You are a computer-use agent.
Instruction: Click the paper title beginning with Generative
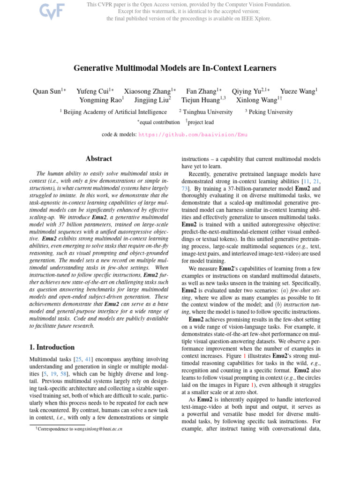coord(175,68)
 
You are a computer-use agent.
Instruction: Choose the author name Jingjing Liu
coord(152,100)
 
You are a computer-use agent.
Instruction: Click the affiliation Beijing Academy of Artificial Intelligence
coord(115,112)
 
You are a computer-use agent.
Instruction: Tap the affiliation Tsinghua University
coord(208,112)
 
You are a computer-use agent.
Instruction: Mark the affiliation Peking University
coord(270,112)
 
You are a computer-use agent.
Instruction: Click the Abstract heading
coord(99,159)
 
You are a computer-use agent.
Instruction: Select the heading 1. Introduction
coord(49,347)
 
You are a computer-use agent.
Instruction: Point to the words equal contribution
coord(159,122)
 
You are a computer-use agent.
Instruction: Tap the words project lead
coord(201,122)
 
